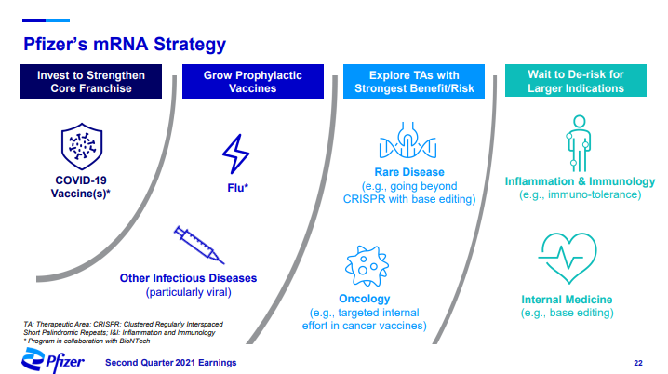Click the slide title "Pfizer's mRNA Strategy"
pos(125,45)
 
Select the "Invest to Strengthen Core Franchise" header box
pos(91,81)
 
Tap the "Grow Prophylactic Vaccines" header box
pos(253,81)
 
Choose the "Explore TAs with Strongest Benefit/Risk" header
pos(414,81)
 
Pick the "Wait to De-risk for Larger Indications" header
pos(576,81)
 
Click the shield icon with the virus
pos(82,146)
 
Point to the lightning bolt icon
pos(236,154)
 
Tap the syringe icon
pos(199,245)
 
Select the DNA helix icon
pos(408,140)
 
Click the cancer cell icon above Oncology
pos(367,266)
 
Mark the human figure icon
pos(579,143)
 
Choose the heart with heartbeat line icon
pos(568,258)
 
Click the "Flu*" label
pos(238,188)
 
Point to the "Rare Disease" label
pos(409,172)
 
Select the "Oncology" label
pos(365,299)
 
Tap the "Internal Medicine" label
pos(567,300)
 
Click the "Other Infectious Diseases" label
pos(188,278)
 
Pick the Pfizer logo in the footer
pos(53,360)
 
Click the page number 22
pos(638,363)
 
